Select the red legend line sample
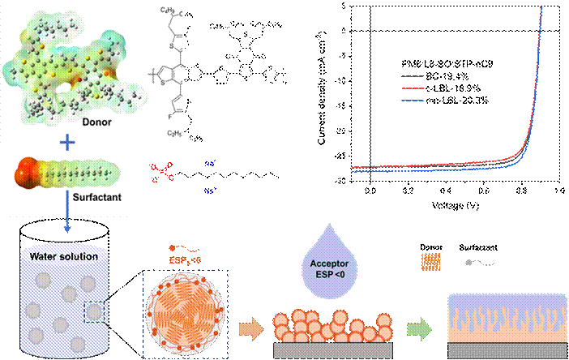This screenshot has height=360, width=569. point(413,88)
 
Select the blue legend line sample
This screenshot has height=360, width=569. point(413,101)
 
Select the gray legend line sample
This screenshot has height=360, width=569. point(413,75)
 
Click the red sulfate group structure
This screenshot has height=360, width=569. point(160,172)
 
